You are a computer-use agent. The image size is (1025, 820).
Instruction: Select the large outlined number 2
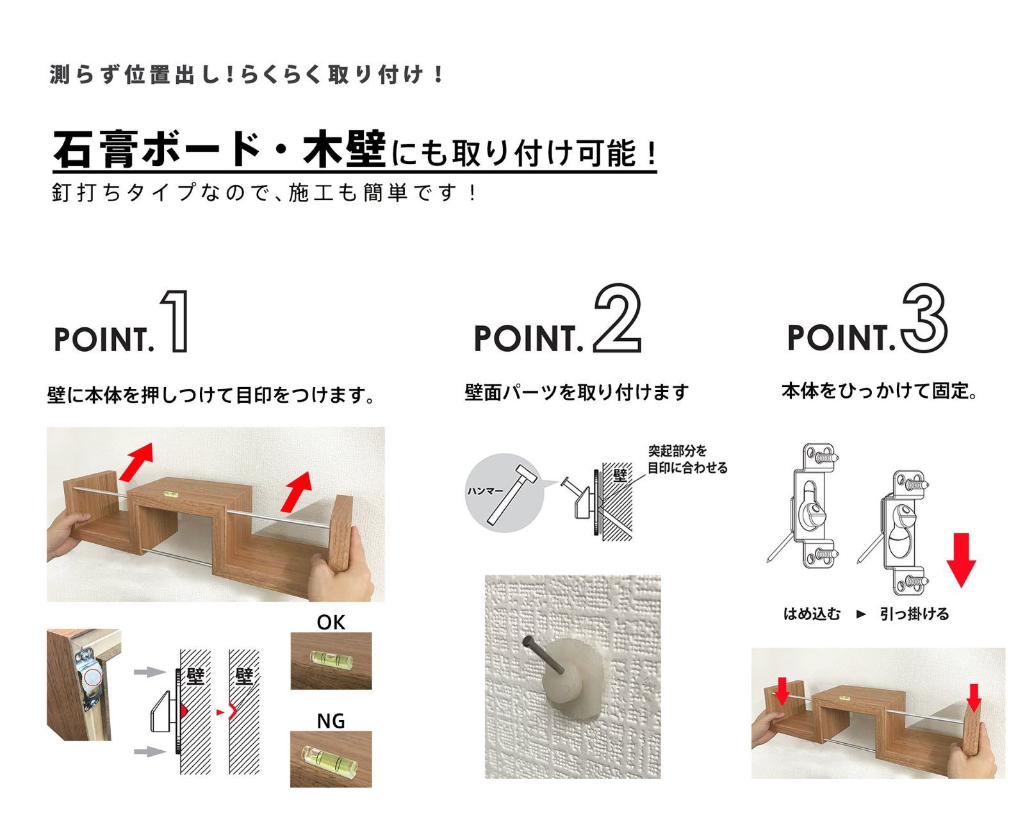coord(617,318)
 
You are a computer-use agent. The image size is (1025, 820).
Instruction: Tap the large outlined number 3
coord(924,318)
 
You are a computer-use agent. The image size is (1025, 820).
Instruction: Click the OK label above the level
coord(331,622)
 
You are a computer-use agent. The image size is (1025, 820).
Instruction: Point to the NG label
coord(331,721)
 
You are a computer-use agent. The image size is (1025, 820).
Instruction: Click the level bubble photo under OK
coord(331,660)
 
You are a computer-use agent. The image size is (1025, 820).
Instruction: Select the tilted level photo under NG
coord(331,758)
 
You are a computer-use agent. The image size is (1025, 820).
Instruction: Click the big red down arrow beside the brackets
coord(961,560)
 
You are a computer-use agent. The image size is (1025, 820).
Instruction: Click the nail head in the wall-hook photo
coord(527,641)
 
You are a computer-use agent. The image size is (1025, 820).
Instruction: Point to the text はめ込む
coord(812,614)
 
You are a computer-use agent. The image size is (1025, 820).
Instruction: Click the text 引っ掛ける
coord(914,614)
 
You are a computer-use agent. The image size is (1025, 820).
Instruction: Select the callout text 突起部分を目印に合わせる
coord(687,459)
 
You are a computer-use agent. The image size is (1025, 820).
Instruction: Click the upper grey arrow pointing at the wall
coord(151,671)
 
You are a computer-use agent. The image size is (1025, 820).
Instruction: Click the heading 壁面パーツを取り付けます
coord(577,392)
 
